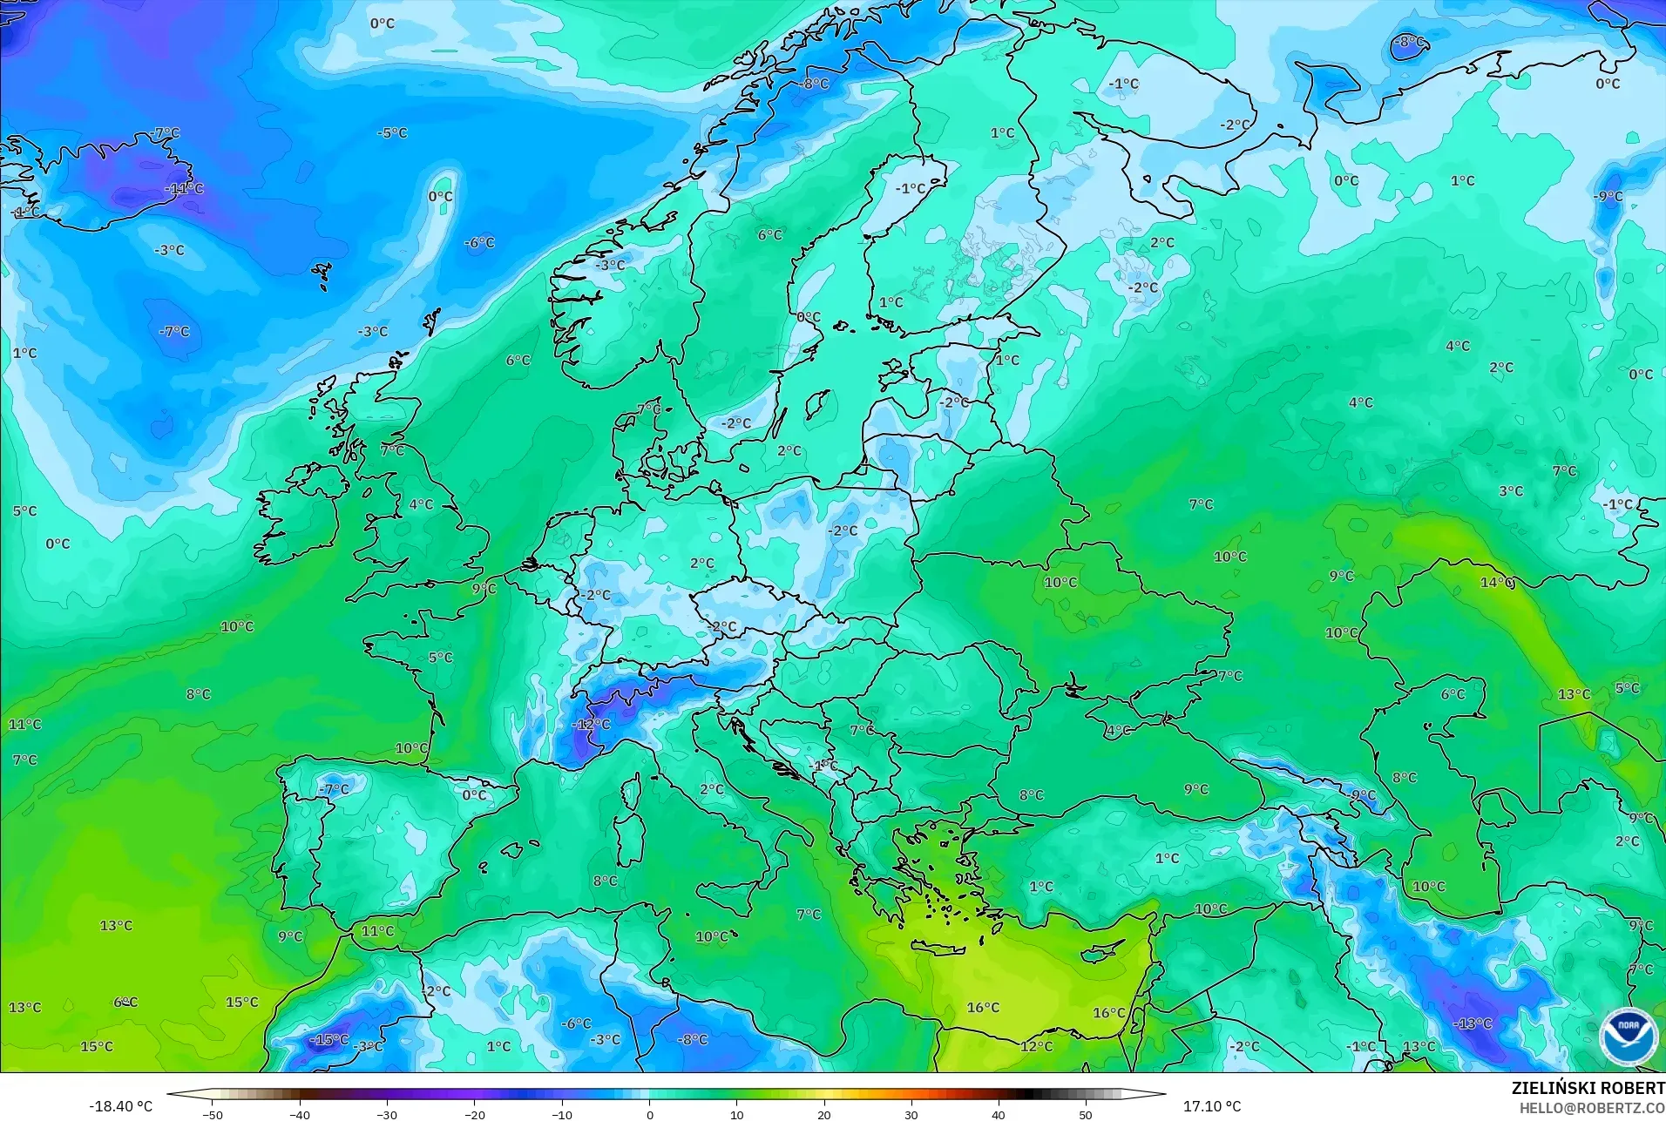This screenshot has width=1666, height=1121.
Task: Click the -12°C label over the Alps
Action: [x=592, y=725]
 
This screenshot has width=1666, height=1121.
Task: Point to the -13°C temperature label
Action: [x=1473, y=1023]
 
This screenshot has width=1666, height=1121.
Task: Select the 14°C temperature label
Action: [x=1497, y=582]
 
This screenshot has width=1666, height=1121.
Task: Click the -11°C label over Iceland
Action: [x=184, y=188]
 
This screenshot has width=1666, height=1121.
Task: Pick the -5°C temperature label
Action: [x=392, y=133]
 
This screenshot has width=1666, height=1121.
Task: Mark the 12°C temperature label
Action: [x=1037, y=1046]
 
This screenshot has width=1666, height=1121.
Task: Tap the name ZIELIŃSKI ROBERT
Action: [x=1588, y=1089]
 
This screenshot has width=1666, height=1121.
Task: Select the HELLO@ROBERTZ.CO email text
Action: [x=1592, y=1109]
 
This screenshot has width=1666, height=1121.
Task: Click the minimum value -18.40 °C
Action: [x=121, y=1106]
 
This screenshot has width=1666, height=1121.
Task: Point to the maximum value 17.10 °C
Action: [x=1211, y=1106]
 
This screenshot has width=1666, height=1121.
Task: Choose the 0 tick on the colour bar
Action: [x=649, y=1115]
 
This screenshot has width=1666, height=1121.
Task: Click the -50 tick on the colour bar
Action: [x=213, y=1115]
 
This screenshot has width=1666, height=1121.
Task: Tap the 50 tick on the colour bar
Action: [x=1086, y=1115]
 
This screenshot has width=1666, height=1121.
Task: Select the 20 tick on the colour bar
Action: [x=824, y=1115]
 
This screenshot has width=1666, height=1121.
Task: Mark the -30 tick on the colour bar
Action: [x=387, y=1115]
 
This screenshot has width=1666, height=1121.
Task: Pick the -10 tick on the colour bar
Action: [x=562, y=1115]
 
